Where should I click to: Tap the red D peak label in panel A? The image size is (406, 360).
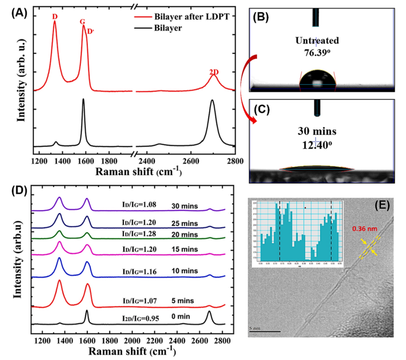click(x=54, y=17)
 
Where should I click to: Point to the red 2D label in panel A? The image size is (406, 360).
click(x=214, y=72)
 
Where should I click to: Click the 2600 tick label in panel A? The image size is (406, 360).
click(x=190, y=161)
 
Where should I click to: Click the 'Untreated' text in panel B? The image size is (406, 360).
click(x=315, y=40)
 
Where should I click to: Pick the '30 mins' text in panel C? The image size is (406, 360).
click(x=315, y=132)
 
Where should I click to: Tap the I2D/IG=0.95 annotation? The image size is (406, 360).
click(x=140, y=313)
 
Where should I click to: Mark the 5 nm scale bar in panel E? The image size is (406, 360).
click(x=266, y=330)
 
